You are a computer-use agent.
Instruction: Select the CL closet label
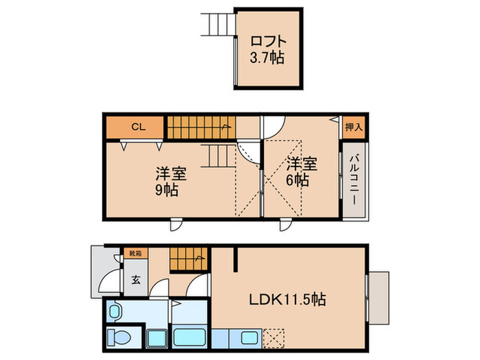138,127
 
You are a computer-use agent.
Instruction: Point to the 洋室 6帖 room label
302,172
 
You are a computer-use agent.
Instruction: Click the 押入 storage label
352,127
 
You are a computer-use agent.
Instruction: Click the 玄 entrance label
136,279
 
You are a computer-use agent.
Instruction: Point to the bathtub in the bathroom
191,337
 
